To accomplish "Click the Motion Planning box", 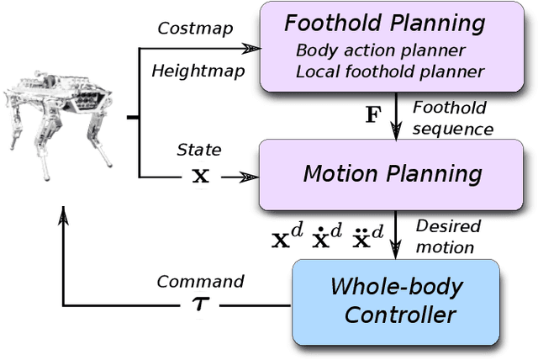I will click(x=393, y=174).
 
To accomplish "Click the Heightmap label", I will click(x=198, y=71).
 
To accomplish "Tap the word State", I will click(x=198, y=150).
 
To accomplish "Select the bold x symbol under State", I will click(x=199, y=176).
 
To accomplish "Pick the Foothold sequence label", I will click(x=453, y=119).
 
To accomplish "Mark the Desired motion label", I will click(x=449, y=236).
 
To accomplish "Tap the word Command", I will click(x=200, y=281).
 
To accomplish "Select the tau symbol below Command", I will click(x=201, y=305).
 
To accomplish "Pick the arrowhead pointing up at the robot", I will click(x=63, y=217).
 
